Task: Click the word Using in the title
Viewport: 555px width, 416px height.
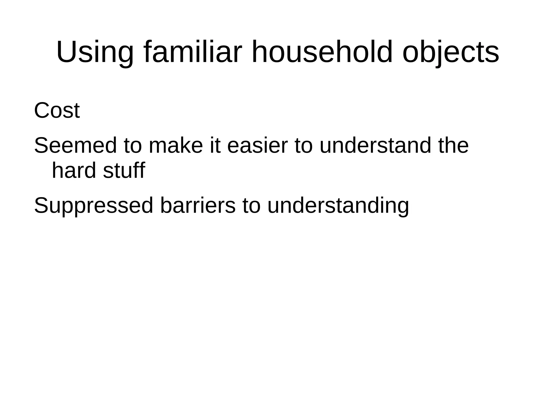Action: [x=95, y=52]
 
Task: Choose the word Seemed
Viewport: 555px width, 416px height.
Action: [x=75, y=146]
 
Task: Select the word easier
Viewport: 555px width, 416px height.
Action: [x=257, y=146]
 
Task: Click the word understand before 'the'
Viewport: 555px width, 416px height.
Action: [x=375, y=146]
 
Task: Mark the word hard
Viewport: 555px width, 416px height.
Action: [x=74, y=171]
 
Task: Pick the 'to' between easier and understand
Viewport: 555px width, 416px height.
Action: [x=304, y=146]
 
